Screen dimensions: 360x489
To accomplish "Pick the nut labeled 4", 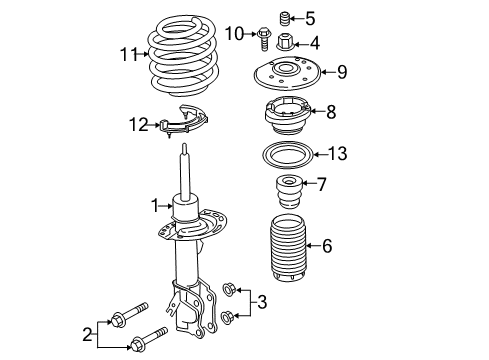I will pos(284,43).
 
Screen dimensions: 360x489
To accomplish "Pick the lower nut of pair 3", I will pos(228,317).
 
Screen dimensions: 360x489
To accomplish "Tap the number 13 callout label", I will pos(339,153).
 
